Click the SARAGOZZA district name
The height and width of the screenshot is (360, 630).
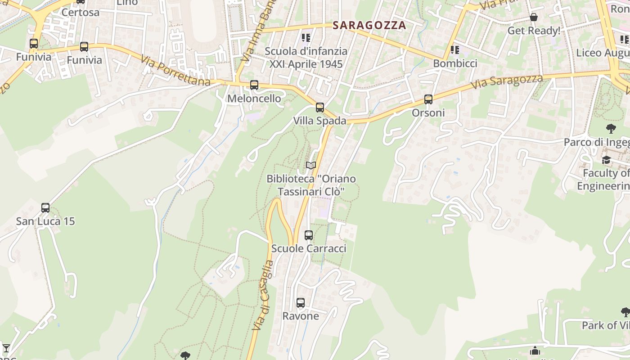[x=369, y=25]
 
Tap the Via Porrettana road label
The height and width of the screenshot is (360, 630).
[x=175, y=71]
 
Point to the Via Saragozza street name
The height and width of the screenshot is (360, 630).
[x=507, y=81]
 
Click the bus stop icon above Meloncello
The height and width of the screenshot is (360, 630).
[x=254, y=85]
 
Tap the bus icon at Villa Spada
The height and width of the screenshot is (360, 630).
[x=320, y=107]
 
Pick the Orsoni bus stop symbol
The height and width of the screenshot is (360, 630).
[x=428, y=99]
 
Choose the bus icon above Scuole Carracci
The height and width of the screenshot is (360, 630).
[x=309, y=235]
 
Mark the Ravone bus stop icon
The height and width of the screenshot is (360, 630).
[x=301, y=302]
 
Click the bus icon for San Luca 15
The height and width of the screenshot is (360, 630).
[x=45, y=207]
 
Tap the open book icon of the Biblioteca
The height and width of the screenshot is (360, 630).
[x=311, y=165]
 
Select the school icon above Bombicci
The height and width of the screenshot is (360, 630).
[x=455, y=49]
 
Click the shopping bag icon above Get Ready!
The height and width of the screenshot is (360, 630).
[x=534, y=17]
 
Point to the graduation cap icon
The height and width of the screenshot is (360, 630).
[x=607, y=160]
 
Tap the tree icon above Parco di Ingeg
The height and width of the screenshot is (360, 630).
[x=611, y=129]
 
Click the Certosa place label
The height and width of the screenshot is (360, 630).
[x=81, y=12]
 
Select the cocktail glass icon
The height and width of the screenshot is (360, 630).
[x=6, y=348]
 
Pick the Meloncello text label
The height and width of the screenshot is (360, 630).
[x=254, y=99]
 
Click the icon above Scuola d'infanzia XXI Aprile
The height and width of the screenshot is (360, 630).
[x=306, y=37]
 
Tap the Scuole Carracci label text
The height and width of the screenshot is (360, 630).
[x=309, y=248]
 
